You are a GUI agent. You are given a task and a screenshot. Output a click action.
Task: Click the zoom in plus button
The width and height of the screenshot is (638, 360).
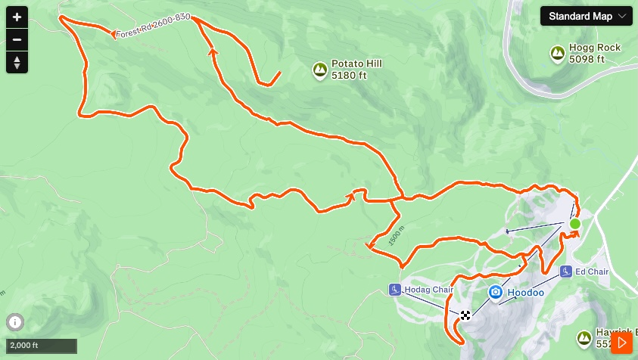tap(17, 17)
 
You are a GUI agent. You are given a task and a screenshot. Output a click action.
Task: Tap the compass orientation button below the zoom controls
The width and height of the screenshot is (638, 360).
tap(17, 63)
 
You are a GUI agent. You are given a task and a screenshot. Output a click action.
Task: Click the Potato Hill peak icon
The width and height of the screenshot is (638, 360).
tap(320, 71)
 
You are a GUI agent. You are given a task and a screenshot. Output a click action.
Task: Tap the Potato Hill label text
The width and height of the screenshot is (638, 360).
tap(356, 64)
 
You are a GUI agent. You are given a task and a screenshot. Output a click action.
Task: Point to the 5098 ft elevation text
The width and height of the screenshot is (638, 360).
tap(587, 59)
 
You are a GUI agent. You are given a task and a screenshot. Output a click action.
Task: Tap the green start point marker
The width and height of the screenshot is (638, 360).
tap(574, 224)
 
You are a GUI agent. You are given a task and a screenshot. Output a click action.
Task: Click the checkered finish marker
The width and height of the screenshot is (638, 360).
tap(465, 315)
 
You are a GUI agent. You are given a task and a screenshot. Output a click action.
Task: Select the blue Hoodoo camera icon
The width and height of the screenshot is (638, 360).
tap(495, 292)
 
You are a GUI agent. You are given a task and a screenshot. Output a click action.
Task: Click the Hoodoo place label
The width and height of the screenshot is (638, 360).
tap(525, 292)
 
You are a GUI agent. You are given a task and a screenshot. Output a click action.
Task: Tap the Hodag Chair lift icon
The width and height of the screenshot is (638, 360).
tap(394, 290)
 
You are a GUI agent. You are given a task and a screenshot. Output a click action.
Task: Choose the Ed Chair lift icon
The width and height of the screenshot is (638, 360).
tap(565, 272)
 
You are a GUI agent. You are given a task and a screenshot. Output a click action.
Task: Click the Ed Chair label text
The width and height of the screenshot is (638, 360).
tap(592, 272)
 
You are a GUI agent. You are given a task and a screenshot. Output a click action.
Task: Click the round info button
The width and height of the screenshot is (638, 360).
tap(15, 321)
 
